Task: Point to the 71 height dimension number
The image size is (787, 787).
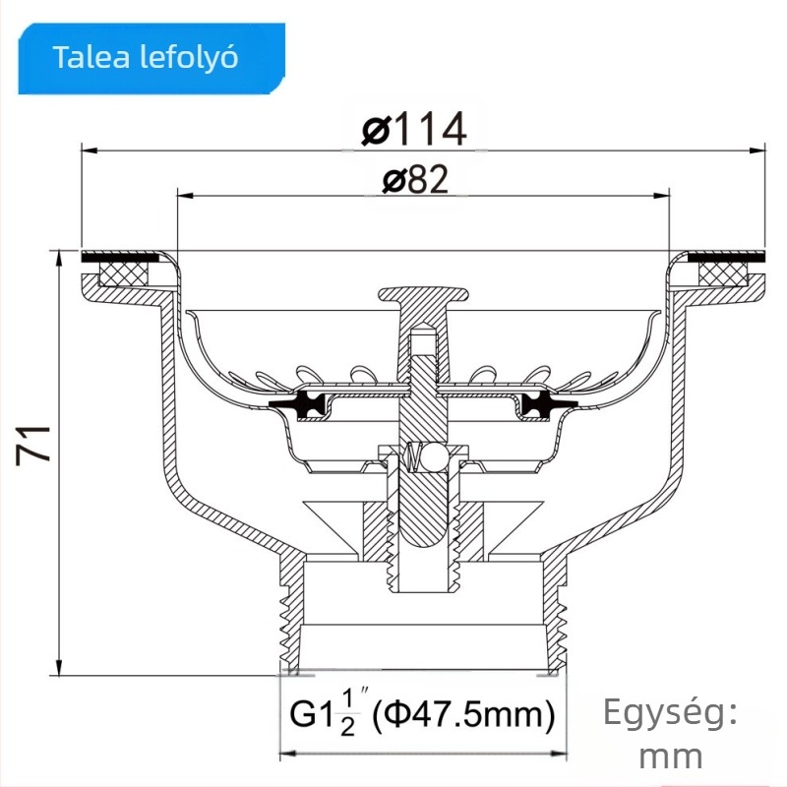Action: point(35,445)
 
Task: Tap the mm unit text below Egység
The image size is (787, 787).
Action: point(670,757)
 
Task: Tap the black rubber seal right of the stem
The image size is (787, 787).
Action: point(540,403)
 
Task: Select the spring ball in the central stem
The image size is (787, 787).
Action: point(421,456)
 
